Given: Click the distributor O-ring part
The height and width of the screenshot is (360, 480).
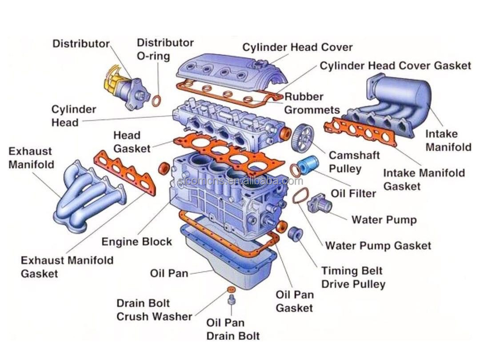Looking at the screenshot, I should point(156,100).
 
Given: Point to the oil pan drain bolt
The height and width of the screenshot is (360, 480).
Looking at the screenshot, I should point(232,301).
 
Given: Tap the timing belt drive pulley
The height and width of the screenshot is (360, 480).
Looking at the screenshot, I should point(295,234).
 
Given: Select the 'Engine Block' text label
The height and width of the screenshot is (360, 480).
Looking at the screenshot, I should point(136,242).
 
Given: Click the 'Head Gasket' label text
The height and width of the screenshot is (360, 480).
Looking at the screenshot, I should point(132,142).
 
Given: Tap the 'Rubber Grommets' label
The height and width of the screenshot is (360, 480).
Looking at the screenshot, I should point(311,103).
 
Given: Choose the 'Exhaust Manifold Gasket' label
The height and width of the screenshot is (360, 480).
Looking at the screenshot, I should point(67,267).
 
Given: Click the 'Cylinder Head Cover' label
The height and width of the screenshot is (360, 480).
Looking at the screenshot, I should point(297,47).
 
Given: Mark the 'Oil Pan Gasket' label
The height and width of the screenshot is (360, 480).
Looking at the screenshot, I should point(295,301).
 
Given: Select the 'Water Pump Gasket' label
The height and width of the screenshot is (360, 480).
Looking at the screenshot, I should point(378,245).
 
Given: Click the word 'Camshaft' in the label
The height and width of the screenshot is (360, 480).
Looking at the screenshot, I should point(354,155).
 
